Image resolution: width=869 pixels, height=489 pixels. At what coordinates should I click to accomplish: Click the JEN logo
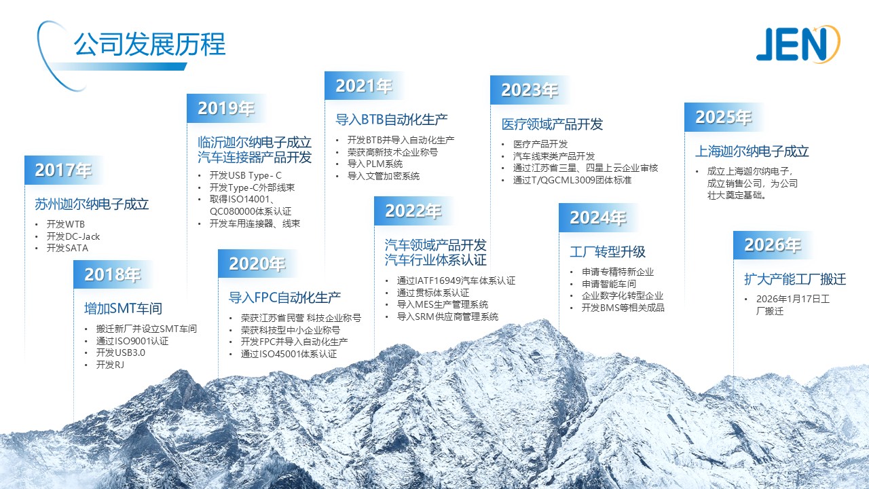(798, 44)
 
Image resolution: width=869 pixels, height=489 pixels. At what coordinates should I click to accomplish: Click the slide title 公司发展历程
(149, 44)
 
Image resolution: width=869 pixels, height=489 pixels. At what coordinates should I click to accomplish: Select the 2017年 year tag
(64, 170)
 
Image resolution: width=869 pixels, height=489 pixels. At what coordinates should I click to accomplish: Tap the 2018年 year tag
(113, 274)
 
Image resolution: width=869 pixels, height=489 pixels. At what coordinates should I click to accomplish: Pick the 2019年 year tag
(226, 108)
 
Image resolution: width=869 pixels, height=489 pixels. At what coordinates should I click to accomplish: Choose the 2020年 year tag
(257, 264)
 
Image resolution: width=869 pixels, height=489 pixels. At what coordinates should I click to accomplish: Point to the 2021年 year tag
(364, 86)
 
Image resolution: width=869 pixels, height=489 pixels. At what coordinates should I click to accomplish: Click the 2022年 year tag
(413, 211)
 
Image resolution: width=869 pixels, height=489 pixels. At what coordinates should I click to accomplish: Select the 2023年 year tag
(530, 90)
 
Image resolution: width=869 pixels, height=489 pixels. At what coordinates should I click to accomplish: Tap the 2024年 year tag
(598, 217)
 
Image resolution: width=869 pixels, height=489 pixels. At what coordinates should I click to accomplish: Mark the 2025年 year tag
(724, 117)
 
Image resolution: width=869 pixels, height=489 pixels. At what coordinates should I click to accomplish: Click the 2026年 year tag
(773, 245)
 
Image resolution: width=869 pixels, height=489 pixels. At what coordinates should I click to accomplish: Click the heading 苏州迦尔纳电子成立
(92, 204)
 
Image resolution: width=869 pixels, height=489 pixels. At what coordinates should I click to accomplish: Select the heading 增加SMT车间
(124, 308)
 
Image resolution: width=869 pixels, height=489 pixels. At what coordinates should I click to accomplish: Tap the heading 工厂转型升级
(608, 252)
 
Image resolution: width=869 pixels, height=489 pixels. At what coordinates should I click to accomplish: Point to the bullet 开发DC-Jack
(73, 236)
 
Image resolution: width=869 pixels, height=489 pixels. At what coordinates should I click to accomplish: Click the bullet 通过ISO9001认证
(132, 341)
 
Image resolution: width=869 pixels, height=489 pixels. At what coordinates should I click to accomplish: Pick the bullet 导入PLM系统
(375, 164)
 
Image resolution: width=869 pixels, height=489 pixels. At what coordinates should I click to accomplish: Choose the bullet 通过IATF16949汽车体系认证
(456, 280)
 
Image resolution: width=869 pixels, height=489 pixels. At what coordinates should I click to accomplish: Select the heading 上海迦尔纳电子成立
(752, 151)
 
